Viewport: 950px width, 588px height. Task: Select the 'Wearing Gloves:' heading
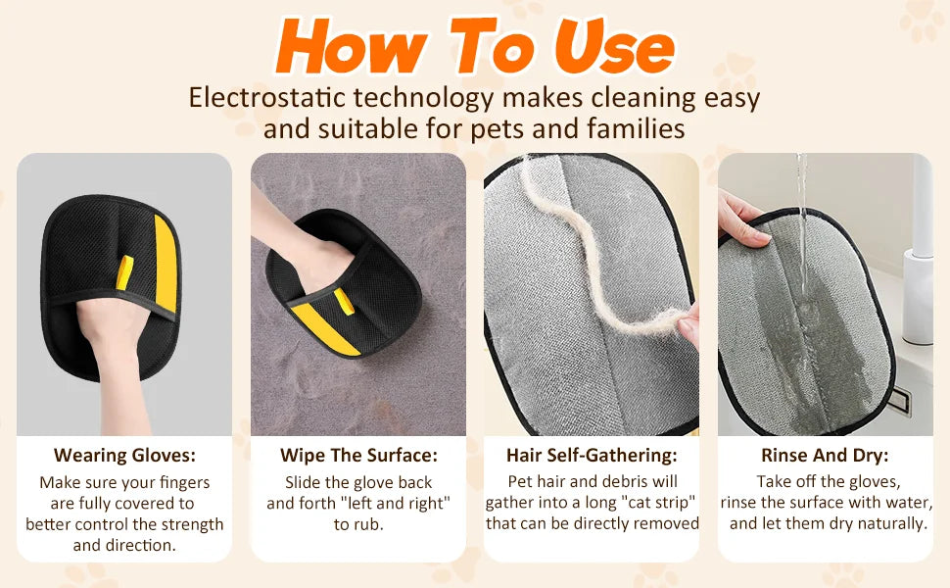click(x=124, y=455)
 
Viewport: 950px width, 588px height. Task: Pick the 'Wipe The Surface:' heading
click(x=358, y=455)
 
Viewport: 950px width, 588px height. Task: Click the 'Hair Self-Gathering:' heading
click(x=592, y=455)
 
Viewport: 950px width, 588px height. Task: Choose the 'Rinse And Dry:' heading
click(x=826, y=455)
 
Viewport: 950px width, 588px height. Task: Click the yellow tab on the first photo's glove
click(x=124, y=273)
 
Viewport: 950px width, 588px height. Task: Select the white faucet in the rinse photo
click(x=921, y=255)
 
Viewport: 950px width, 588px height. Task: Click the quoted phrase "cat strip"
click(x=658, y=503)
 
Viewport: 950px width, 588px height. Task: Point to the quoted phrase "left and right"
click(x=401, y=503)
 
